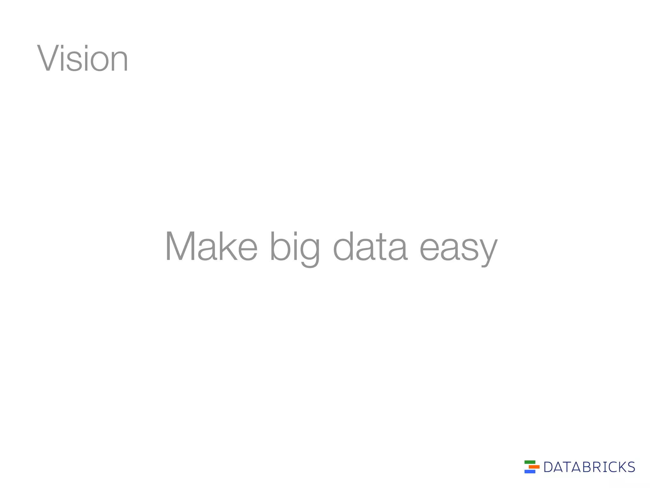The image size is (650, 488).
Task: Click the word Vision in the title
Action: coord(83,59)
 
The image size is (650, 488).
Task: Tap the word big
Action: coord(295,248)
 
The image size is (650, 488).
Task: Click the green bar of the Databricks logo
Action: coord(530,462)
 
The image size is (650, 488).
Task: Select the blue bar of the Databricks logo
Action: coord(530,471)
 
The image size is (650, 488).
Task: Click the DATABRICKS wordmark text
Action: coord(589,467)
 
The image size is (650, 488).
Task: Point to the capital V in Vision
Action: coord(49,59)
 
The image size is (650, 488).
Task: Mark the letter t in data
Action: coord(379,247)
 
